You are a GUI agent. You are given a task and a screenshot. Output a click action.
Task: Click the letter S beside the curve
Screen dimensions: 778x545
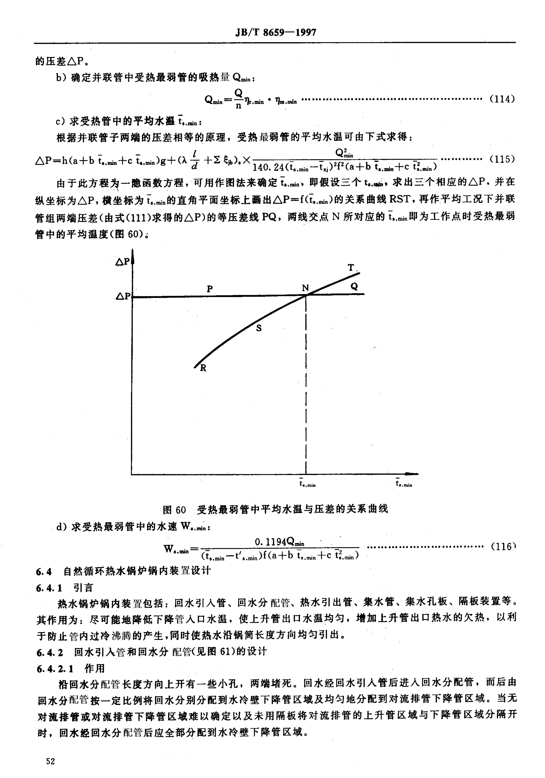click(x=259, y=328)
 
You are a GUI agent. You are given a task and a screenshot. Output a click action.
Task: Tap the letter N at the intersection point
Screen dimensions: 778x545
click(x=305, y=288)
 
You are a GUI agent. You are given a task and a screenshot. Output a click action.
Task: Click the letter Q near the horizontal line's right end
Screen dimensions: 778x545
click(x=354, y=287)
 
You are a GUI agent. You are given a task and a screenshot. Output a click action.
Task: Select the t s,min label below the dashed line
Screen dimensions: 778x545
click(x=307, y=483)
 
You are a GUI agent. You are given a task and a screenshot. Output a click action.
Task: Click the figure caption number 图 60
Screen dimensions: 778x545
click(x=174, y=509)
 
